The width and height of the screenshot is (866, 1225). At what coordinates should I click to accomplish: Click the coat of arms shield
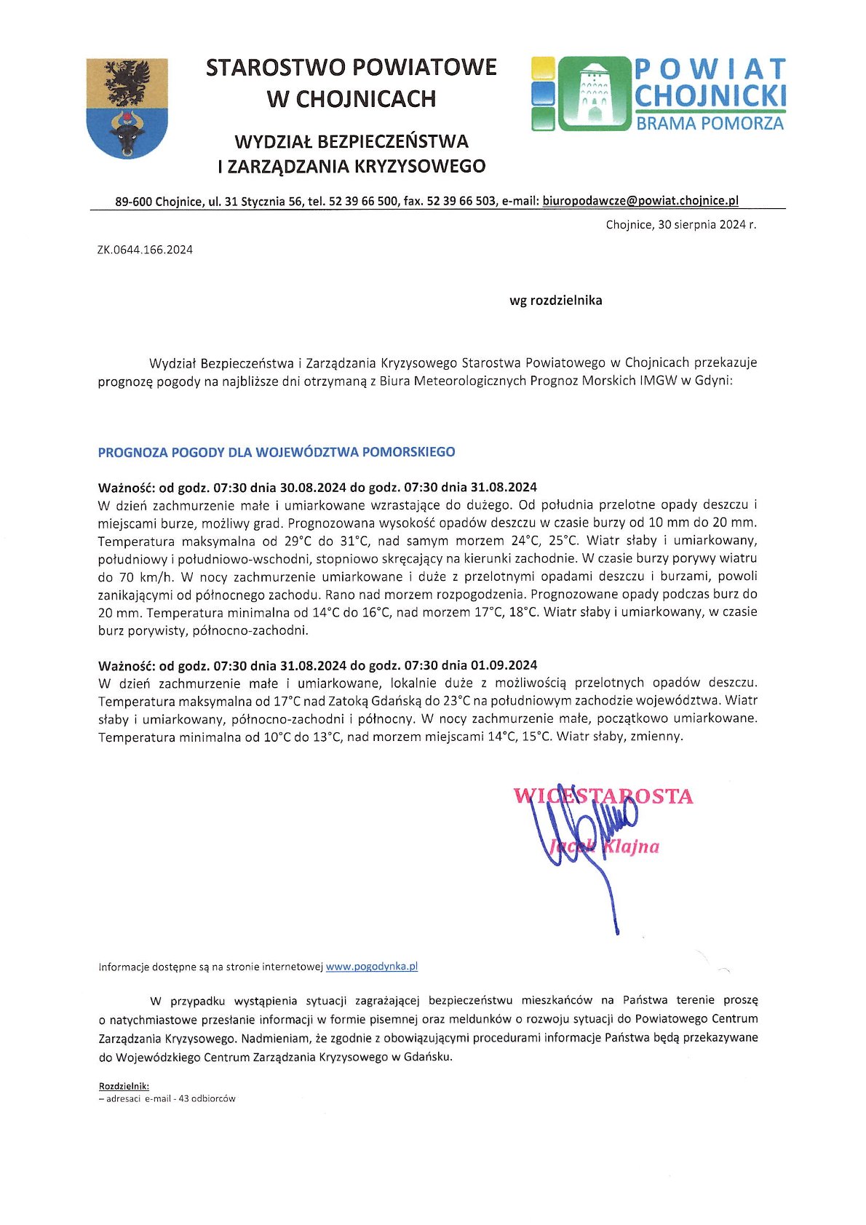127,108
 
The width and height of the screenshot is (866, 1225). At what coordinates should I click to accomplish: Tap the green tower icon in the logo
594,94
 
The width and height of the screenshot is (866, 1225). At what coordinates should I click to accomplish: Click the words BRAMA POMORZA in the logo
710,123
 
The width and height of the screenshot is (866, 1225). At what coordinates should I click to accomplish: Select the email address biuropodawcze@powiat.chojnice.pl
640,201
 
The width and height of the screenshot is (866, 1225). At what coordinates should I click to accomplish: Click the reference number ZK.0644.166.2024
145,250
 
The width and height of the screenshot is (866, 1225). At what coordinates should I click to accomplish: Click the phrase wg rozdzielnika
555,301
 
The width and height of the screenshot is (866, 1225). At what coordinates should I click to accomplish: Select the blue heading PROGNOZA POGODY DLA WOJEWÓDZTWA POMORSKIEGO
277,452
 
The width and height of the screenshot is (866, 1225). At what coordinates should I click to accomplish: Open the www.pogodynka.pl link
371,967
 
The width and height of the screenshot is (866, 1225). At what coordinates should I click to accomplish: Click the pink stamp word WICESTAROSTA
603,796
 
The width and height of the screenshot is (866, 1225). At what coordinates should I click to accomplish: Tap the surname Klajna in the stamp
632,847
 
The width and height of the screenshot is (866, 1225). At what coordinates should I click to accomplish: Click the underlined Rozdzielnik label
124,1086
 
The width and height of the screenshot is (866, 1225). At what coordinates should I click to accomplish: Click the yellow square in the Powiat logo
543,69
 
